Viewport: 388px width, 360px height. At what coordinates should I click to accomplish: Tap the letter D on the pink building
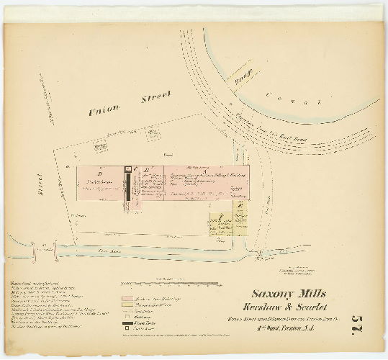pos(100,174)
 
